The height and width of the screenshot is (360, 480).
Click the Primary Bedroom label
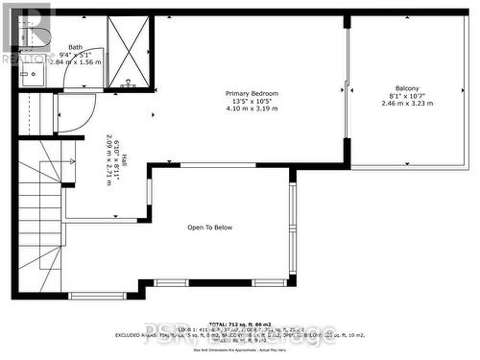point(252,93)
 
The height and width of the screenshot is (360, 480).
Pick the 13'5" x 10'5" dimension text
point(252,101)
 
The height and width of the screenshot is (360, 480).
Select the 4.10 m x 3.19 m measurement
point(252,108)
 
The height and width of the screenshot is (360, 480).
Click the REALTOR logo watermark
point(26,34)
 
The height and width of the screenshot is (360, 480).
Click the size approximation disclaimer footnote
point(240,349)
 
